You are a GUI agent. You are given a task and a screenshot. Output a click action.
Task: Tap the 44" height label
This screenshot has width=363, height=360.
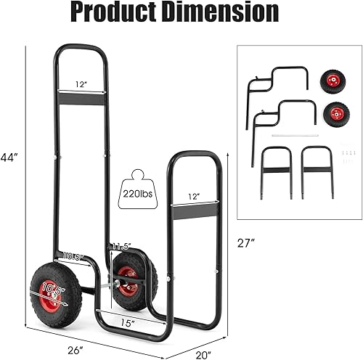click(x=10, y=157)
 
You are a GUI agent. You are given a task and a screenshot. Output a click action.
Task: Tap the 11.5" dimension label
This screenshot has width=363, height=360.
click(x=121, y=247)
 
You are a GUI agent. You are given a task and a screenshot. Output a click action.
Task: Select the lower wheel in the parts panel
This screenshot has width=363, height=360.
click(x=336, y=113)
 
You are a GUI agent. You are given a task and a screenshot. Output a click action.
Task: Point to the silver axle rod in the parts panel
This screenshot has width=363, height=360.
click(x=294, y=135)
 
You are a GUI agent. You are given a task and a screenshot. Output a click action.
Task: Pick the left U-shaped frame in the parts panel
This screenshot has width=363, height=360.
click(x=277, y=171)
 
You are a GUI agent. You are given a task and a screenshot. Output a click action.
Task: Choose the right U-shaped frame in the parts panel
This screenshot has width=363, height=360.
click(x=316, y=171)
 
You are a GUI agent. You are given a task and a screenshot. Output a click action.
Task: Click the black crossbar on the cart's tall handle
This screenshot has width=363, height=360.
click(x=81, y=98)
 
